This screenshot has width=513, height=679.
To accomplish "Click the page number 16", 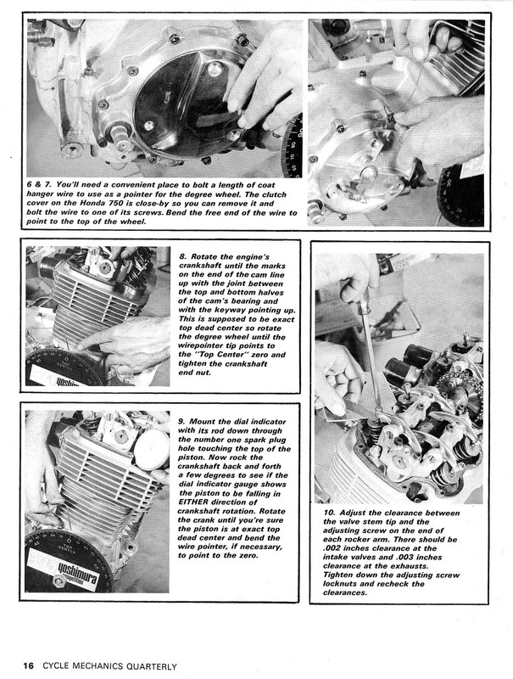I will pos(28,665).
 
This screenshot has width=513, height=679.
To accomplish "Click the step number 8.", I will pos(182,254).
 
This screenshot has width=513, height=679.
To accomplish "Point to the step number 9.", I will pos(181,419).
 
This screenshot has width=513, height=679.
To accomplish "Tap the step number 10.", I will pos(328,514).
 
